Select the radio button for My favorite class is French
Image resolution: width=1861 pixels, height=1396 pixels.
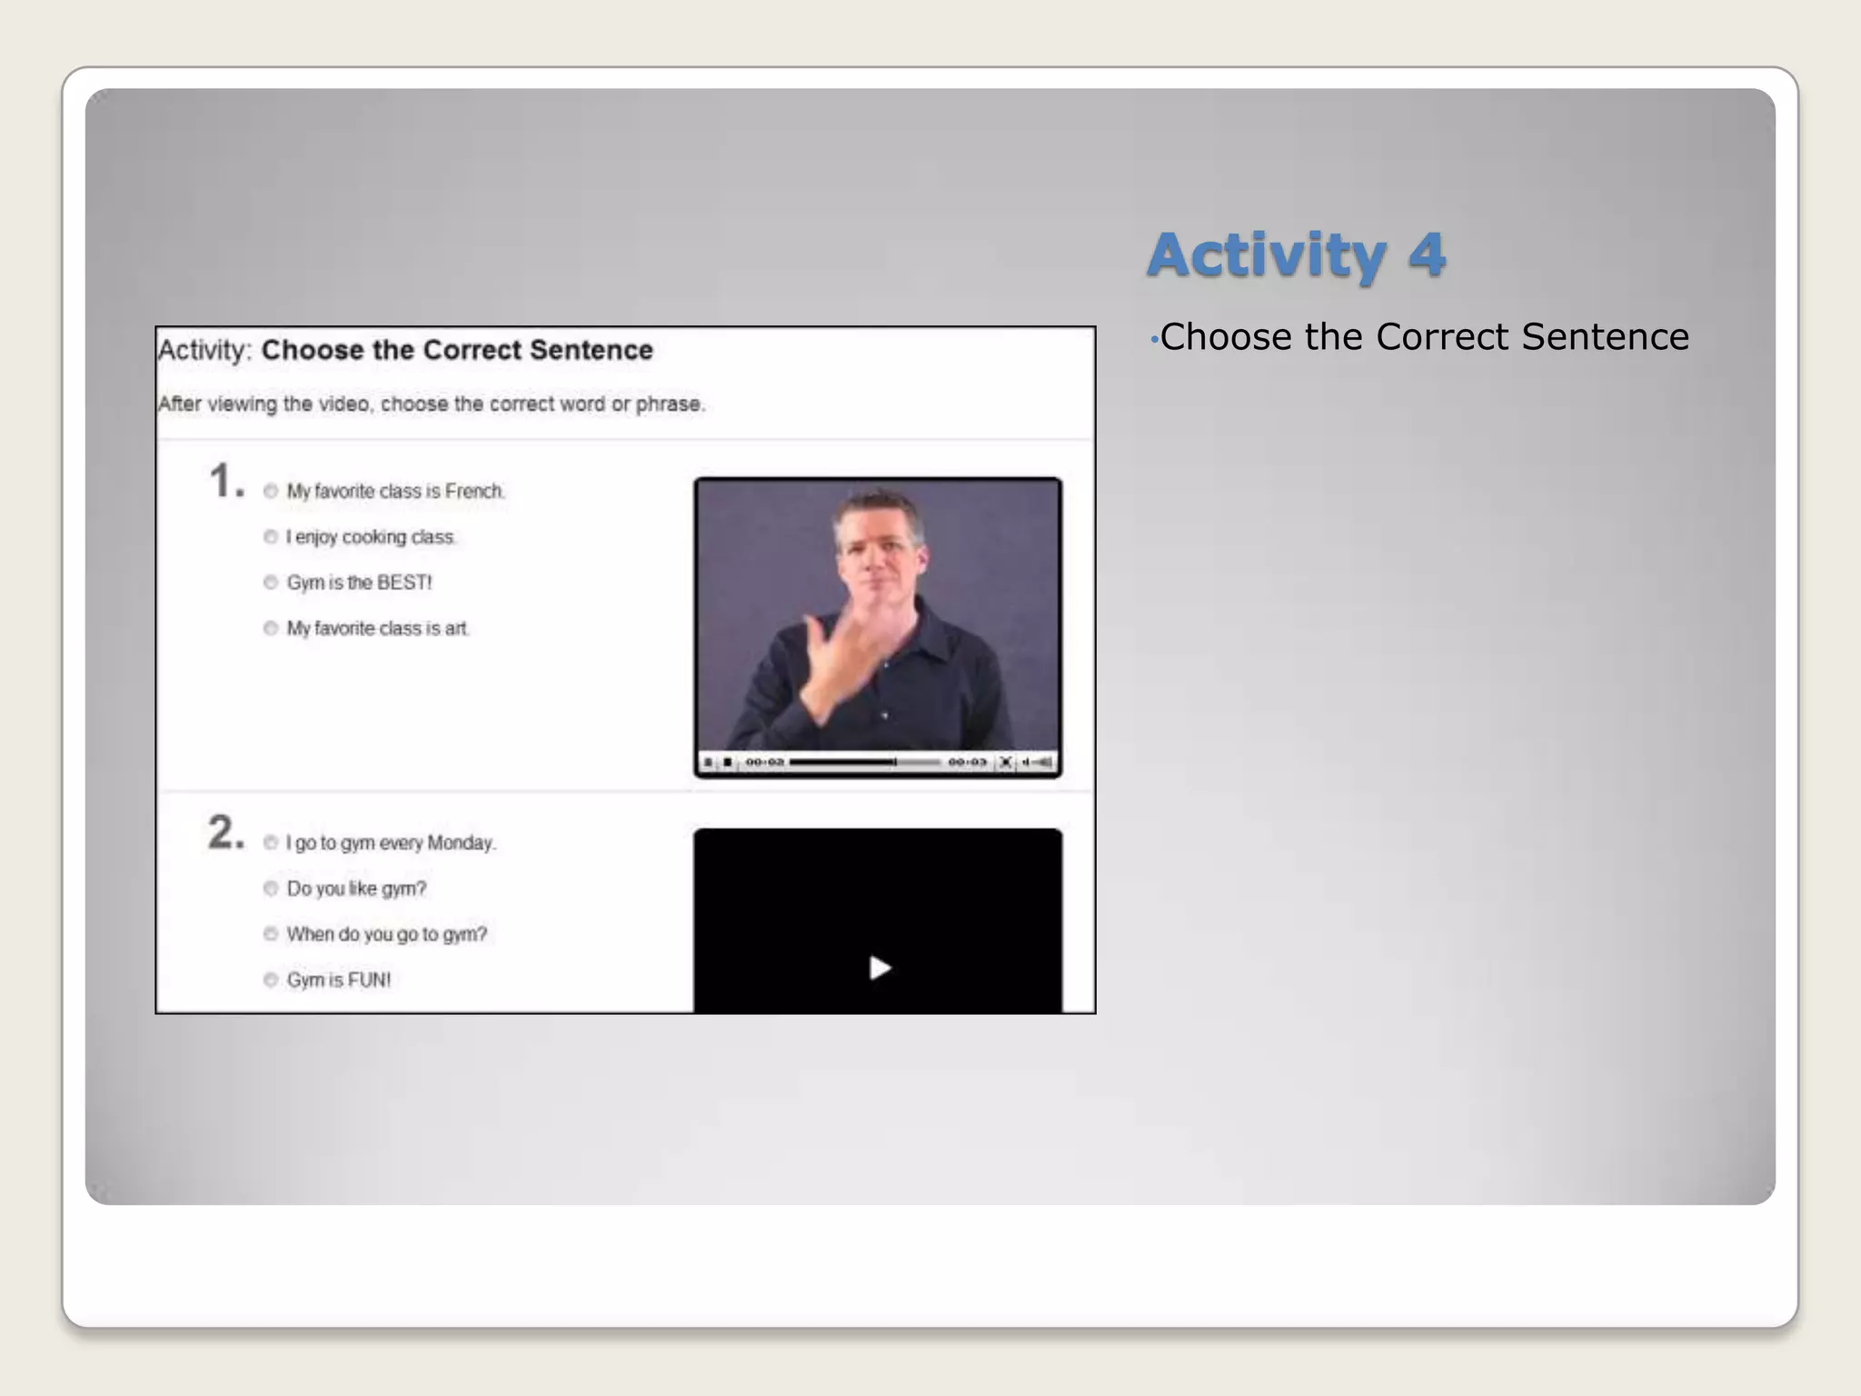pos(271,492)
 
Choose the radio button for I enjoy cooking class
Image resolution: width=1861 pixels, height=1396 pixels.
pos(271,537)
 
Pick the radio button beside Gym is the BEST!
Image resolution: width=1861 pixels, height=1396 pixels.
pos(271,583)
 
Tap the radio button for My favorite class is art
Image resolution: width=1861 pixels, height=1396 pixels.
pos(271,628)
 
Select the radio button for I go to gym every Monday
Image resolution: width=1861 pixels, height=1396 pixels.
pos(271,843)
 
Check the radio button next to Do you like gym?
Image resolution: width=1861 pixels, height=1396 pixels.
pos(271,889)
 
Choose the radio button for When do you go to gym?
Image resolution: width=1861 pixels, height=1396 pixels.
pos(271,934)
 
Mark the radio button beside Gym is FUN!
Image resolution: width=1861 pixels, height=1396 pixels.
pos(271,980)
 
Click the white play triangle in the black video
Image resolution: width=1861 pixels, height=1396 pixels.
pos(879,968)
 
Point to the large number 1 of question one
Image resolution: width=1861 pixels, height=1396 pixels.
pos(223,481)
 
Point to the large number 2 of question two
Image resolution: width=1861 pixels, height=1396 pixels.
pos(223,833)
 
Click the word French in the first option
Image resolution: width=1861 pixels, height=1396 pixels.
pos(473,492)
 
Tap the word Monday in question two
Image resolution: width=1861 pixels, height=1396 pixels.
pos(461,843)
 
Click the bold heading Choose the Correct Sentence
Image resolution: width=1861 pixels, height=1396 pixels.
pos(457,350)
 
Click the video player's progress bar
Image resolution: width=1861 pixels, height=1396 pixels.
pos(863,762)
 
